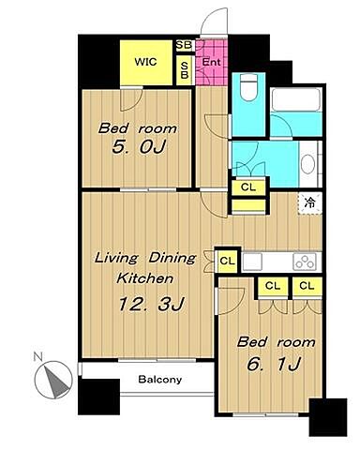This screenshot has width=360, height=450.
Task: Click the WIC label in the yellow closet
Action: pyautogui.click(x=145, y=62)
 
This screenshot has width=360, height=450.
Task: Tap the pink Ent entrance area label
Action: pyautogui.click(x=211, y=62)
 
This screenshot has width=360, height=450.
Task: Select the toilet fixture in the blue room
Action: pyautogui.click(x=248, y=87)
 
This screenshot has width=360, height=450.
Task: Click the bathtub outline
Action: pyautogui.click(x=296, y=99)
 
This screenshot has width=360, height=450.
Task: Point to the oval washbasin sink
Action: pyautogui.click(x=308, y=164)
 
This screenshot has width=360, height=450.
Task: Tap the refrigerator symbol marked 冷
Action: pyautogui.click(x=309, y=203)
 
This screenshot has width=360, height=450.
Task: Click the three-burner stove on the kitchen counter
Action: pyautogui.click(x=305, y=262)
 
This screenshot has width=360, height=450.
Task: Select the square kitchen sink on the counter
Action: pyautogui.click(x=252, y=262)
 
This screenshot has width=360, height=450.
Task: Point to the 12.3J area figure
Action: pyautogui.click(x=152, y=304)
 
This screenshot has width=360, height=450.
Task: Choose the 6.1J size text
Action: pyautogui.click(x=274, y=364)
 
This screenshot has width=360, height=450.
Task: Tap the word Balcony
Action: pyautogui.click(x=160, y=380)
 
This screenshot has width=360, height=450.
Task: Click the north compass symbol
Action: pyautogui.click(x=53, y=380)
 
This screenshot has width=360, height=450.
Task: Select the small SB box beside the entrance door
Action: pyautogui.click(x=184, y=45)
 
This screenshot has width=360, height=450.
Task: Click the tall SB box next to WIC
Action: pyautogui.click(x=185, y=70)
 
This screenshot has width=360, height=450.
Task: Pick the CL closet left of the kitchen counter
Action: pyautogui.click(x=227, y=261)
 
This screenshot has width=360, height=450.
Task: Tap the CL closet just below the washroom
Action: pyautogui.click(x=248, y=187)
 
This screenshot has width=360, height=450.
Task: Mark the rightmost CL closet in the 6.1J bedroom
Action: pyautogui.click(x=307, y=286)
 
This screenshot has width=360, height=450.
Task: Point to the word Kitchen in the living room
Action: pyautogui.click(x=144, y=277)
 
